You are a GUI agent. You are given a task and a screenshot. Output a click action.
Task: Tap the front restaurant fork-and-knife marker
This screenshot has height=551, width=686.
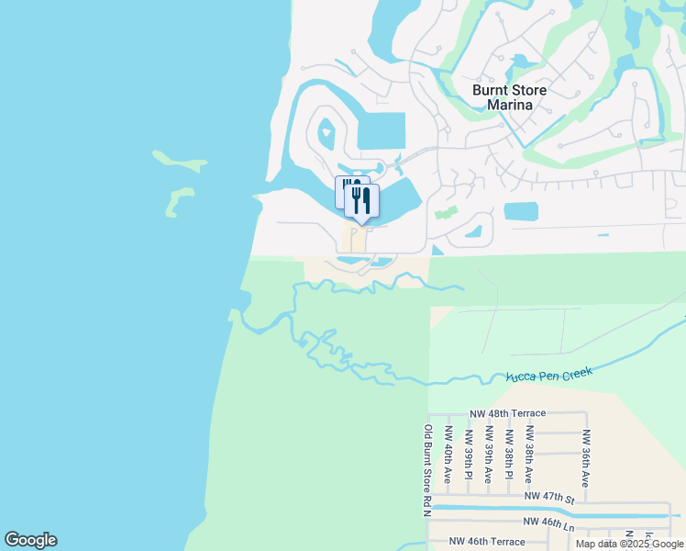361,201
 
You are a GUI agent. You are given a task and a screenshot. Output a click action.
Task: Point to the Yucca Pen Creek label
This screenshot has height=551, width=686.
549,375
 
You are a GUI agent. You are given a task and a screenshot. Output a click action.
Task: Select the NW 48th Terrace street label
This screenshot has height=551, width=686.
507,414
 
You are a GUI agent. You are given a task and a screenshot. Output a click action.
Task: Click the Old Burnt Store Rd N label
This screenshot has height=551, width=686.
427,468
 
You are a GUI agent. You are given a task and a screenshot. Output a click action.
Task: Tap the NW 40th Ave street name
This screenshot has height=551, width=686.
448,455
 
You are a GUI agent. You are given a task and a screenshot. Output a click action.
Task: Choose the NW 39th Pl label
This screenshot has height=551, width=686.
468,454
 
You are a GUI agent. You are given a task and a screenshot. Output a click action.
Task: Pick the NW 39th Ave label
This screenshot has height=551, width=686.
488,455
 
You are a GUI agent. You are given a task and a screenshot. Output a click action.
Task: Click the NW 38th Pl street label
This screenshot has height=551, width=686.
508,454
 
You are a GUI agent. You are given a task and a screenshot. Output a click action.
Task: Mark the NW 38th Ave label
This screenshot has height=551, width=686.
528,455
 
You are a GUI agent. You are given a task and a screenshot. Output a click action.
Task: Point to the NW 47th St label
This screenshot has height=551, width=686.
548,497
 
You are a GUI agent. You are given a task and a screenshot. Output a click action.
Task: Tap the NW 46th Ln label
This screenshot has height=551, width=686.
548,522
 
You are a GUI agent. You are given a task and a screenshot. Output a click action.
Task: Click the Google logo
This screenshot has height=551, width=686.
30,540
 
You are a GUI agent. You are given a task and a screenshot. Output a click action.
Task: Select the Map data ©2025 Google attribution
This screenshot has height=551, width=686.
629,544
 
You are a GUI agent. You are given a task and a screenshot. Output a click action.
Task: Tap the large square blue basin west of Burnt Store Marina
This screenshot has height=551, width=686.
381,131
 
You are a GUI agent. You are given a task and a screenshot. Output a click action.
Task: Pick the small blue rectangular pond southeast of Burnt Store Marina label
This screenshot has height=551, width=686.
522,211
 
